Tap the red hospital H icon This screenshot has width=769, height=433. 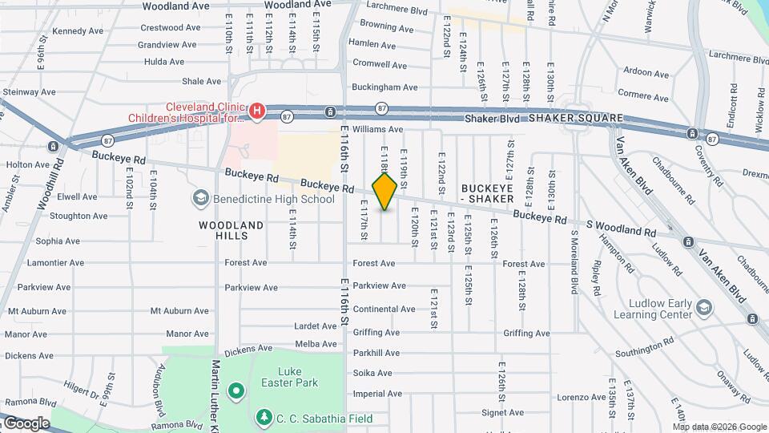[x=256, y=111]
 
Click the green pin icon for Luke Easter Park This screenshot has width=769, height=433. [x=236, y=391]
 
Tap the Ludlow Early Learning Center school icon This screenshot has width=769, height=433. [x=703, y=307]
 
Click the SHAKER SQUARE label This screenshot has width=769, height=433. [x=575, y=119]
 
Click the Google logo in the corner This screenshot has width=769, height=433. [x=26, y=423]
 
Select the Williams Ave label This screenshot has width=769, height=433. [x=378, y=129]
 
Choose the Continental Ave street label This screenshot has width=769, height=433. [x=384, y=309]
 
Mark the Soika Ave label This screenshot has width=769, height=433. [x=372, y=373]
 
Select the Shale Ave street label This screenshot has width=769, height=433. [x=201, y=81]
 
